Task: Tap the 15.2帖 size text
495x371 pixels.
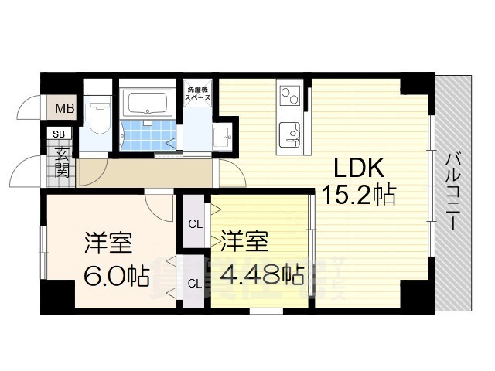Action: (358, 196)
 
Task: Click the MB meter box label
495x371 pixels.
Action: (64, 108)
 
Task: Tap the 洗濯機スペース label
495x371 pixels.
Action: (197, 95)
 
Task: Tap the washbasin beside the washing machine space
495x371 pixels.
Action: (222, 138)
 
